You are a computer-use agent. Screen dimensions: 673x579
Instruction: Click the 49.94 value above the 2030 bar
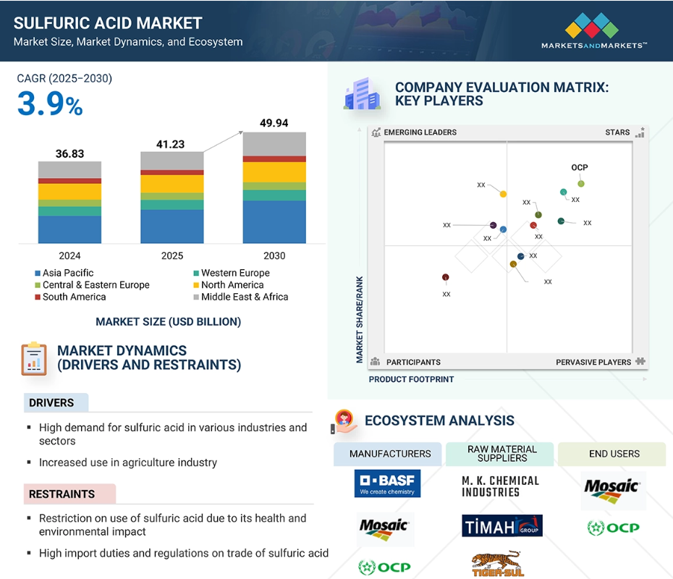click(274, 123)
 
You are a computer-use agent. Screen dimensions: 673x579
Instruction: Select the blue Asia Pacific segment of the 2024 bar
click(69, 229)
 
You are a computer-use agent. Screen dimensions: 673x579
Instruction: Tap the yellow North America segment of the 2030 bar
click(274, 172)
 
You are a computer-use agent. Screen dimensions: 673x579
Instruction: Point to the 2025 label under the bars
click(172, 255)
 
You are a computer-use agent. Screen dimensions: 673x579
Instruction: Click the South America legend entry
click(70, 297)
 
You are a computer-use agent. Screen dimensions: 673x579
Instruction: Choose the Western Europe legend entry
click(232, 273)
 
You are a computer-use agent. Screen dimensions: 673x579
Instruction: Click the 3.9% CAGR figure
click(50, 103)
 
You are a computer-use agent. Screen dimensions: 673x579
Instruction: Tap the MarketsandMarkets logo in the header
click(594, 31)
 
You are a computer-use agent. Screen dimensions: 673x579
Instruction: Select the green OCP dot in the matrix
click(580, 184)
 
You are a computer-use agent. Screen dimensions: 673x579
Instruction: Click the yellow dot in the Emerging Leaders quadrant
click(503, 194)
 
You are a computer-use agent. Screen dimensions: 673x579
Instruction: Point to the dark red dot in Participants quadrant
click(446, 277)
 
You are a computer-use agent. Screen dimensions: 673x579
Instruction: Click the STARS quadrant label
click(617, 132)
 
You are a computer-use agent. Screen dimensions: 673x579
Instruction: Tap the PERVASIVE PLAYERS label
click(593, 363)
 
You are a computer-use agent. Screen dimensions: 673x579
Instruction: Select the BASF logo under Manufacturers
click(387, 483)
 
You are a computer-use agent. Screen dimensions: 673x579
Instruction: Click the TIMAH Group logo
click(502, 525)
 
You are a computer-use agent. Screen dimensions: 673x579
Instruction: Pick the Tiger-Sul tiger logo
click(498, 563)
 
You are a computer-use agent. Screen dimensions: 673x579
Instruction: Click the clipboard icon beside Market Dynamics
click(34, 359)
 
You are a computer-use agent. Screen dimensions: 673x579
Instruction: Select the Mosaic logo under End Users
click(613, 491)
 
